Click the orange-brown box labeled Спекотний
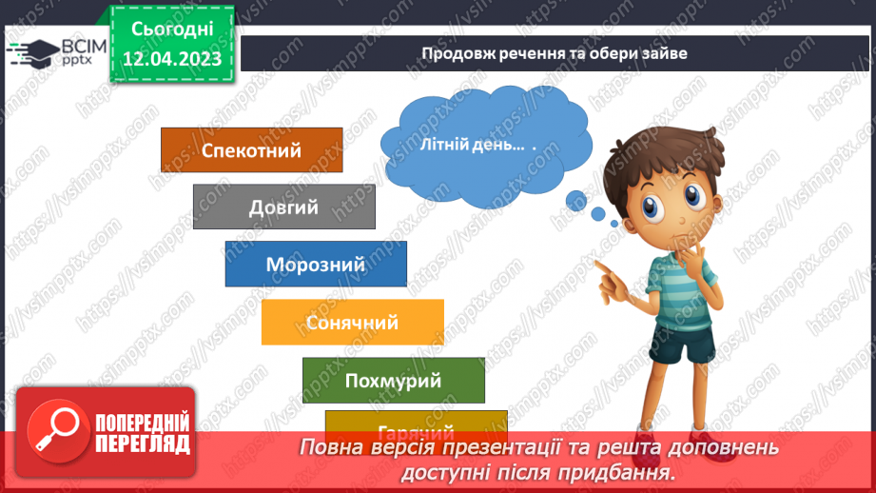point(251,150)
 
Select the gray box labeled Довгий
point(283,207)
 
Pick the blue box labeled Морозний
point(316,264)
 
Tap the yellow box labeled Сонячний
point(352,323)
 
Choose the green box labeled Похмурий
point(393,381)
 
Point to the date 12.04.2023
point(172,58)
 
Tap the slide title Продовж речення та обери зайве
point(554,53)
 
